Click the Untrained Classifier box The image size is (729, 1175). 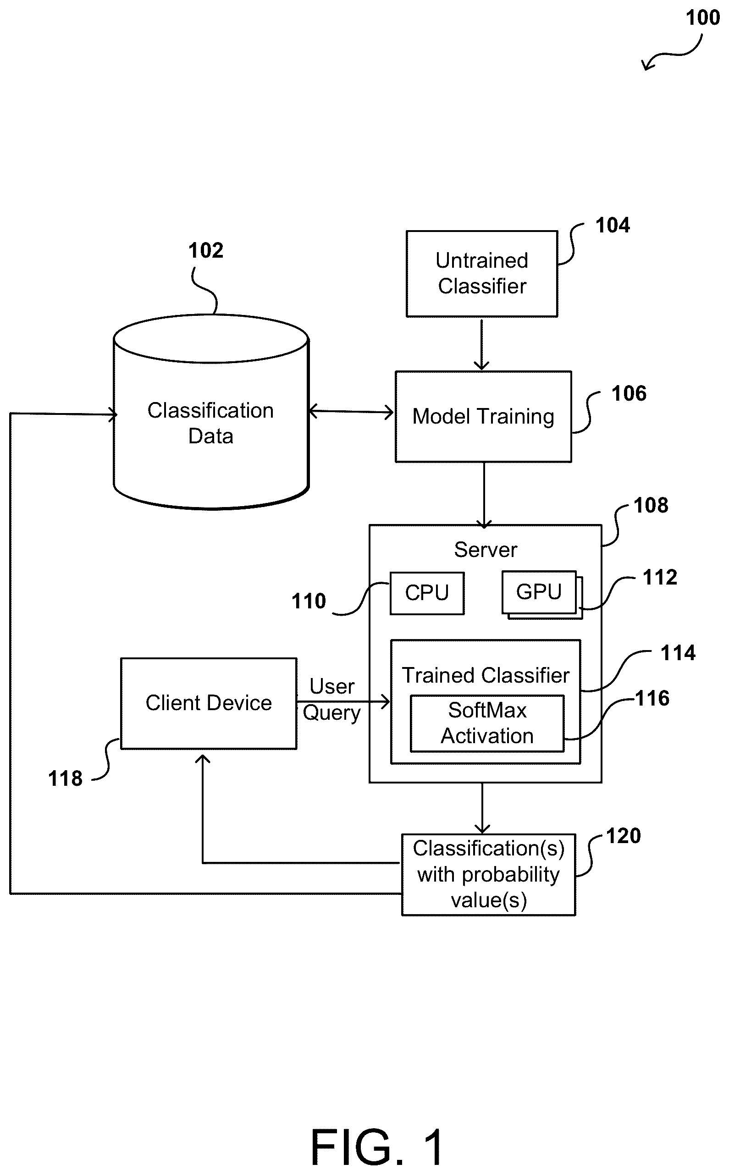point(482,273)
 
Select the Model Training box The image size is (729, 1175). point(483,416)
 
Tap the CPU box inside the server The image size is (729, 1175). point(427,593)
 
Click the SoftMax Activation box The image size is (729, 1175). point(487,723)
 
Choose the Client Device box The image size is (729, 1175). point(208,703)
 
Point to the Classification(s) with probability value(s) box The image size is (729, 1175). point(488,874)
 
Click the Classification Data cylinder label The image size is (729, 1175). point(211,423)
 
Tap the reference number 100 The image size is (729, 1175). point(702,18)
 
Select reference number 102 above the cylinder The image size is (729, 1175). point(205,250)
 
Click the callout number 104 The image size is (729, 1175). point(613,225)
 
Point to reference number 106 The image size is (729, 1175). point(629,393)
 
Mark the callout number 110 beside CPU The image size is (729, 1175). point(309,601)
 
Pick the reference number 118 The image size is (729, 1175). point(65,778)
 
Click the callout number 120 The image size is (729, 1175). point(623,836)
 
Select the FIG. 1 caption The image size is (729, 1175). point(376,1147)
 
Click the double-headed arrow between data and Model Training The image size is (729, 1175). point(351,412)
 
